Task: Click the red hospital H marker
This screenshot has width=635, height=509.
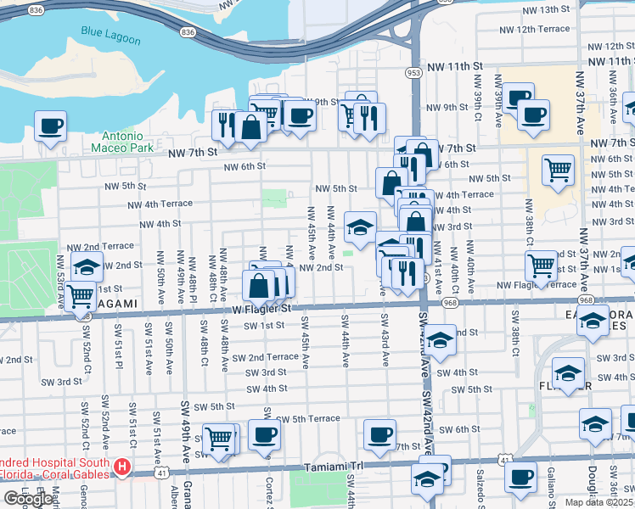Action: click(122, 467)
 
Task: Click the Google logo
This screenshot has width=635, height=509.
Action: click(28, 499)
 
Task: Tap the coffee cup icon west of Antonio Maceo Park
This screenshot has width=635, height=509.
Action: click(50, 126)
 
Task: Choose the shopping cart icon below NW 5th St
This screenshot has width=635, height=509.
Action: click(558, 169)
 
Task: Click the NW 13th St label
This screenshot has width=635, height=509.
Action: click(546, 9)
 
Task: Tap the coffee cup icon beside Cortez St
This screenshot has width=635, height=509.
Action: click(264, 434)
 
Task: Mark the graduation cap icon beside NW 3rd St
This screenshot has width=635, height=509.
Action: click(361, 227)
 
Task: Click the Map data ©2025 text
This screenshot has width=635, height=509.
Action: click(598, 502)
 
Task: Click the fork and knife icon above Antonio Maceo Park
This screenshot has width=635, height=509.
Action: click(225, 126)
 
